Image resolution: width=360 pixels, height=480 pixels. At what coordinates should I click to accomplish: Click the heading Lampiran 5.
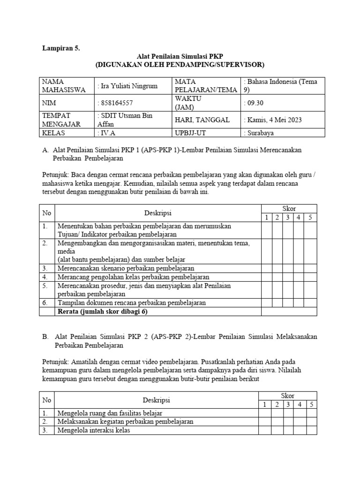coord(61,48)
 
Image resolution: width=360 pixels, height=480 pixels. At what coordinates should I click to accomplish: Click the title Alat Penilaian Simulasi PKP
coord(180,56)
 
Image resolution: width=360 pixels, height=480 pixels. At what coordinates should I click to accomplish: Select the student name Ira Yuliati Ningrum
coord(127,86)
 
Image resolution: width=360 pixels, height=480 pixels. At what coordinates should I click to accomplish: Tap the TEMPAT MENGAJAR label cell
coord(62,120)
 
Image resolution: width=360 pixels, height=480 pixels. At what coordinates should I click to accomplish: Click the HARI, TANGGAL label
coord(202,120)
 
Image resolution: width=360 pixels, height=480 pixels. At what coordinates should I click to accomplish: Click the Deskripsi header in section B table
coord(156,400)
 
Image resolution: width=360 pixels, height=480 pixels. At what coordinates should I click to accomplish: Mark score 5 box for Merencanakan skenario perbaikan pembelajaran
coord(310,269)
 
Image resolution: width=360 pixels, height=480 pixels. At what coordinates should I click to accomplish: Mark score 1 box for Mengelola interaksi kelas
coord(265,430)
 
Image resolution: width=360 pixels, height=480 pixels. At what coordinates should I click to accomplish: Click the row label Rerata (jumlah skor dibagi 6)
coord(98,311)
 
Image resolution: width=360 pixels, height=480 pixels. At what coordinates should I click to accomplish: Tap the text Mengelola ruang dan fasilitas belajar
coord(109,413)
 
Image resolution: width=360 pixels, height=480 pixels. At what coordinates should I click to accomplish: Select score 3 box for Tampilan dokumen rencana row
coord(287,303)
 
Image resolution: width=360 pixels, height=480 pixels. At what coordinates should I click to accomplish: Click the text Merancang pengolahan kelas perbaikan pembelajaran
coord(133,277)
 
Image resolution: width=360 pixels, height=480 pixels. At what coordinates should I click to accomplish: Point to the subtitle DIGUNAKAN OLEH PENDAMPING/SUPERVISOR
coord(180,64)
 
